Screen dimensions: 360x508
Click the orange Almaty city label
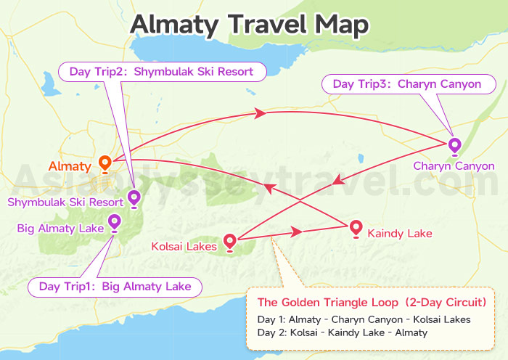[x=71, y=166]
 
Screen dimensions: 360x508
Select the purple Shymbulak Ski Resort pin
[x=134, y=197]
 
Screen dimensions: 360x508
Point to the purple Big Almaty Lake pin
[x=114, y=221]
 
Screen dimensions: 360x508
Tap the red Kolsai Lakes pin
[x=230, y=241]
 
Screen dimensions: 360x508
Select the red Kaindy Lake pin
[x=356, y=228]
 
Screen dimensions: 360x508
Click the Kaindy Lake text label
[x=400, y=234]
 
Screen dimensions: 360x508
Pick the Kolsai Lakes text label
[x=184, y=247]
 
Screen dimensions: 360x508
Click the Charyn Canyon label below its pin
[x=454, y=166]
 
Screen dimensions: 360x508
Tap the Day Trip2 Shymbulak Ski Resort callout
[x=161, y=72]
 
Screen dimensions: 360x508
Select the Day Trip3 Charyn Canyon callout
[x=406, y=84]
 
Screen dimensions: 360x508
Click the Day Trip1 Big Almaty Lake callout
[x=115, y=287]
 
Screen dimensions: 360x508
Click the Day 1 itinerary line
[x=364, y=319]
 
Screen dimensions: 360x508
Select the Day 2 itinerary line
[x=342, y=332]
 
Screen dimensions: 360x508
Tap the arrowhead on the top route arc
[x=257, y=112]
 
